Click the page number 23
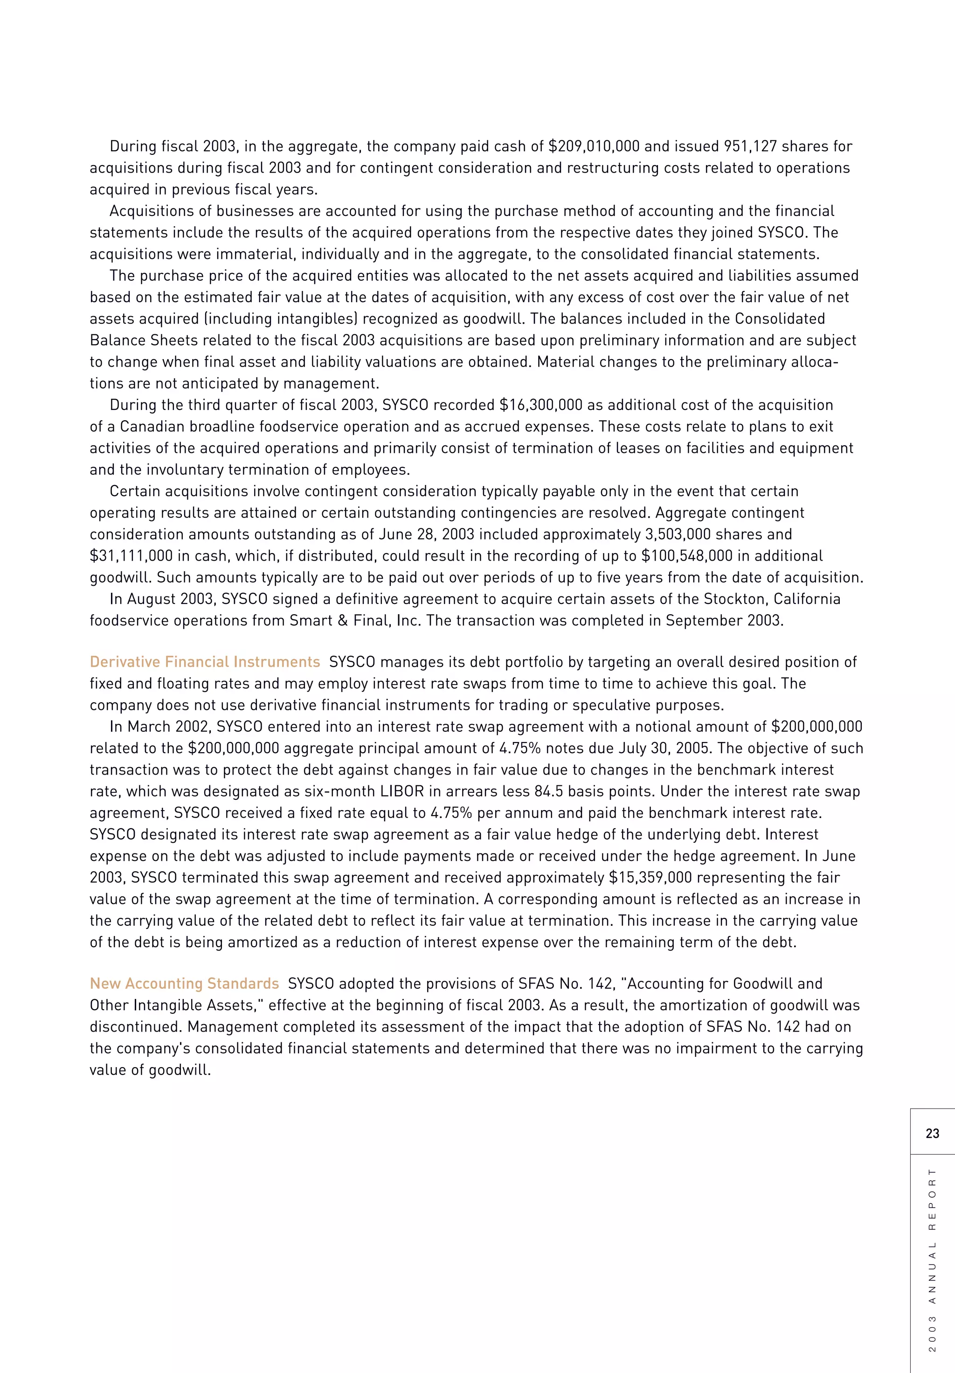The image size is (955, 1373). pos(932,1133)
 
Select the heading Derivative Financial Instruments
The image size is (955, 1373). pos(205,662)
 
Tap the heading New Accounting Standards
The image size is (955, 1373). pos(184,984)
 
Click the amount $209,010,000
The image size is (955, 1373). pos(594,146)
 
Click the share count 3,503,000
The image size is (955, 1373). pos(661,534)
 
